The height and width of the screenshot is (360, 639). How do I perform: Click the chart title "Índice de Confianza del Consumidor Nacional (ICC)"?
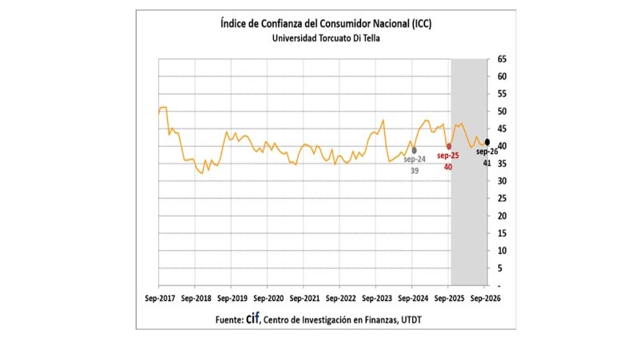click(x=326, y=24)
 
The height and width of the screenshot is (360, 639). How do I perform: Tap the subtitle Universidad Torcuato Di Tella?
click(x=326, y=38)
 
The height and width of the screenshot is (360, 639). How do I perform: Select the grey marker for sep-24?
click(x=414, y=150)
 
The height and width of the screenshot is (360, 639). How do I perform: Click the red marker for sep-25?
click(x=449, y=147)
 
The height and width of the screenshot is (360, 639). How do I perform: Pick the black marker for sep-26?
click(x=487, y=142)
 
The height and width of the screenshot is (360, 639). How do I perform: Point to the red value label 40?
click(x=448, y=167)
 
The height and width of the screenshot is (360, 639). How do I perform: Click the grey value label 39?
click(x=415, y=171)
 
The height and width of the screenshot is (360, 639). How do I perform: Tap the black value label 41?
click(x=487, y=164)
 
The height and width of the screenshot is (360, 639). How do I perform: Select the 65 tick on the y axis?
click(x=502, y=59)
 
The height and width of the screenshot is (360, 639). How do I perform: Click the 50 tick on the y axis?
click(x=502, y=112)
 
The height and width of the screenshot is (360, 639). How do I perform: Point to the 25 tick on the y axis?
click(x=502, y=199)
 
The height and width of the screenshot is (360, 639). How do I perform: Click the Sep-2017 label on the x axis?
click(x=160, y=299)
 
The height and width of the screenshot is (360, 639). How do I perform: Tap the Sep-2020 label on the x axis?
click(x=268, y=299)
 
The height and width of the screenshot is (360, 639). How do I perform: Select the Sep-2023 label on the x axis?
click(x=377, y=299)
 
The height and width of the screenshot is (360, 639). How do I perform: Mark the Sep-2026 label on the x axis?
click(x=486, y=299)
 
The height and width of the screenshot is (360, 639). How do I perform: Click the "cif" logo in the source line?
click(x=252, y=318)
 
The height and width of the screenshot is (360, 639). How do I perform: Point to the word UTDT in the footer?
click(x=411, y=320)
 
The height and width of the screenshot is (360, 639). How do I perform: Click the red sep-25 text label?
click(x=448, y=156)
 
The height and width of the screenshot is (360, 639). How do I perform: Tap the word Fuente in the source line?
click(x=229, y=320)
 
